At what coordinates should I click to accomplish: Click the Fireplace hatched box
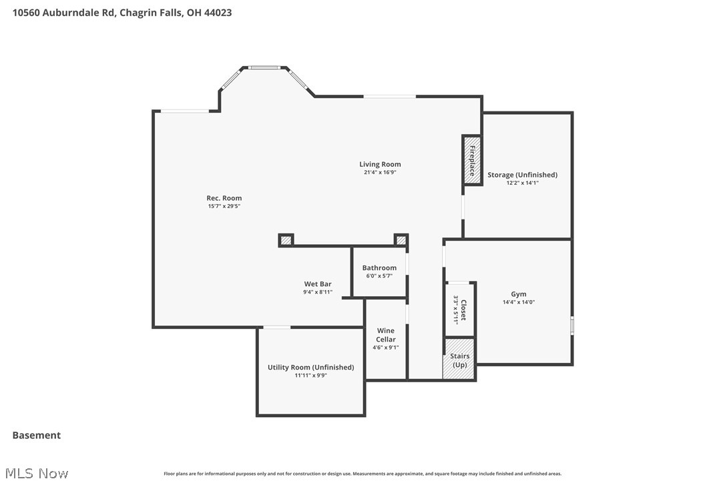[472, 160]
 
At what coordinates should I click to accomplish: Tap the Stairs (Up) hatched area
[459, 360]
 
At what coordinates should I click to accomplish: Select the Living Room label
[380, 164]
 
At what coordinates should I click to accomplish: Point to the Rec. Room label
[224, 198]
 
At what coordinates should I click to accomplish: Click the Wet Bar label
[318, 284]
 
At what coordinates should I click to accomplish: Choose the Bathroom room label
[379, 268]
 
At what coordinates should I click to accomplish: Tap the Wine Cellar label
[385, 335]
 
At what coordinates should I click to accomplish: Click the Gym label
[519, 294]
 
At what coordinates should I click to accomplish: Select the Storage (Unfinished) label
[522, 175]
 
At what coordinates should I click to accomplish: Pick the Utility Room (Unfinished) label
[310, 368]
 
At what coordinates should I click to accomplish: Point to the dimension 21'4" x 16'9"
[380, 172]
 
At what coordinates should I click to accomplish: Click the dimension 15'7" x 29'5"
[224, 206]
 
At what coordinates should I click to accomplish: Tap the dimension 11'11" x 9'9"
[310, 376]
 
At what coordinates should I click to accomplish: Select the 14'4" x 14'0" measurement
[519, 302]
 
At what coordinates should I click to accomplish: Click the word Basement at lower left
[37, 435]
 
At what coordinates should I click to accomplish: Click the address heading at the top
[122, 12]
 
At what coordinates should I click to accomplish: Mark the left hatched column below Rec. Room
[286, 240]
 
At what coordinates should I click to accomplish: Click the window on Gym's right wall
[571, 325]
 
